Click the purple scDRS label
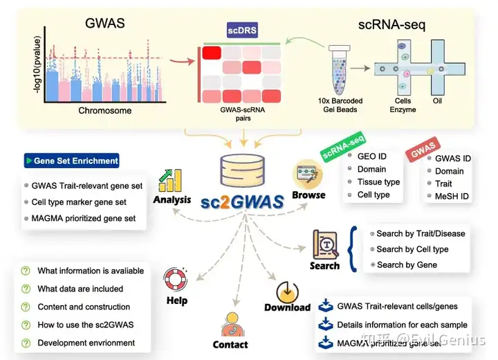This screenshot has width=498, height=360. (x=242, y=30)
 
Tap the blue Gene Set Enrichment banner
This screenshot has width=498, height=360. (x=71, y=161)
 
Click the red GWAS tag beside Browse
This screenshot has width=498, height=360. (x=423, y=151)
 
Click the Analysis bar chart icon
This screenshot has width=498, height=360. (x=169, y=181)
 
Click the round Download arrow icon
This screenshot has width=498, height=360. (x=287, y=290)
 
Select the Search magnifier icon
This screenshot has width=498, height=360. (x=324, y=244)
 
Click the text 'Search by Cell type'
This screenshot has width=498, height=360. (x=412, y=249)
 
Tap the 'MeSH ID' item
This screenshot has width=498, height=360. (x=452, y=197)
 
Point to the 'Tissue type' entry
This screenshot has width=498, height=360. (x=378, y=182)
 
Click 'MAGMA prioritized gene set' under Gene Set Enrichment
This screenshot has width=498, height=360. (x=89, y=219)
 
